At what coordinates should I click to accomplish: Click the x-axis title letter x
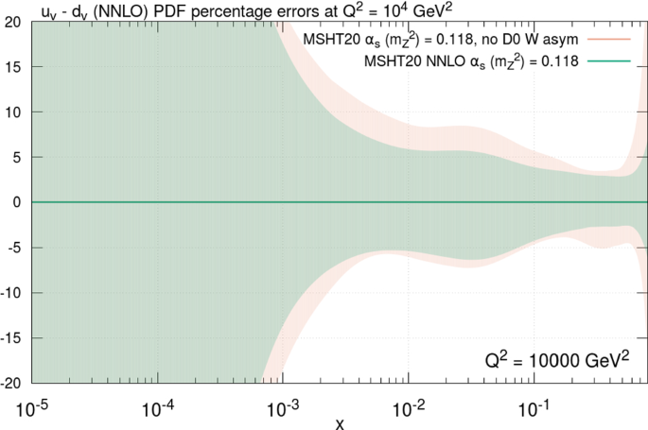pos(339,422)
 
